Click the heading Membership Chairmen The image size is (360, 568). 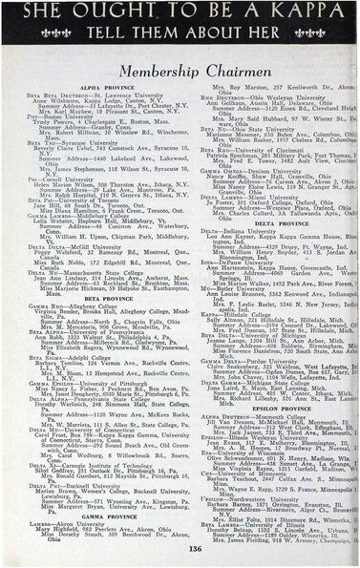[x=180, y=73]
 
